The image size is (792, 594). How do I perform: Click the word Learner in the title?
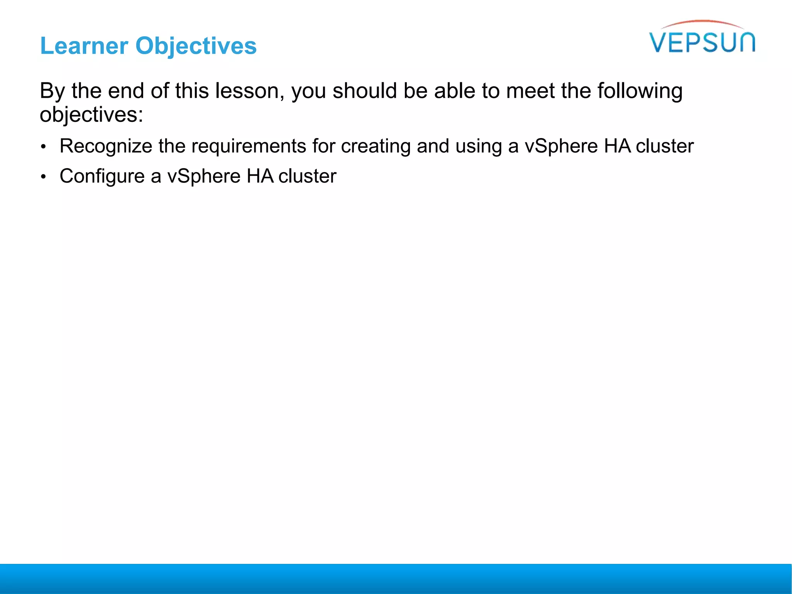[84, 46]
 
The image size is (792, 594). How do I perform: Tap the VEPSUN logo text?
[702, 43]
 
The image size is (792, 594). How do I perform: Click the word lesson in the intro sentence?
[247, 91]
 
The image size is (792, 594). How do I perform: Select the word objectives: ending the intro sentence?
[91, 115]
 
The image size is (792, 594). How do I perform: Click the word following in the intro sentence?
[640, 91]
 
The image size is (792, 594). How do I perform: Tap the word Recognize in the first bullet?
[106, 146]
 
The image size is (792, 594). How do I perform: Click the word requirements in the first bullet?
[249, 146]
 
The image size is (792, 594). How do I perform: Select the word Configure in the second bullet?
[102, 176]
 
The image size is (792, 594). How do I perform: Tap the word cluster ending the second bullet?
[307, 176]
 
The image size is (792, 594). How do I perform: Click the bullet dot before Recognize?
[44, 147]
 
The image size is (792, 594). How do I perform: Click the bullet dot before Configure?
[44, 177]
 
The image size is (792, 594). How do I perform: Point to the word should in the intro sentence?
[365, 91]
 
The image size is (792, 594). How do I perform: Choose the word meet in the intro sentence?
[530, 91]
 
